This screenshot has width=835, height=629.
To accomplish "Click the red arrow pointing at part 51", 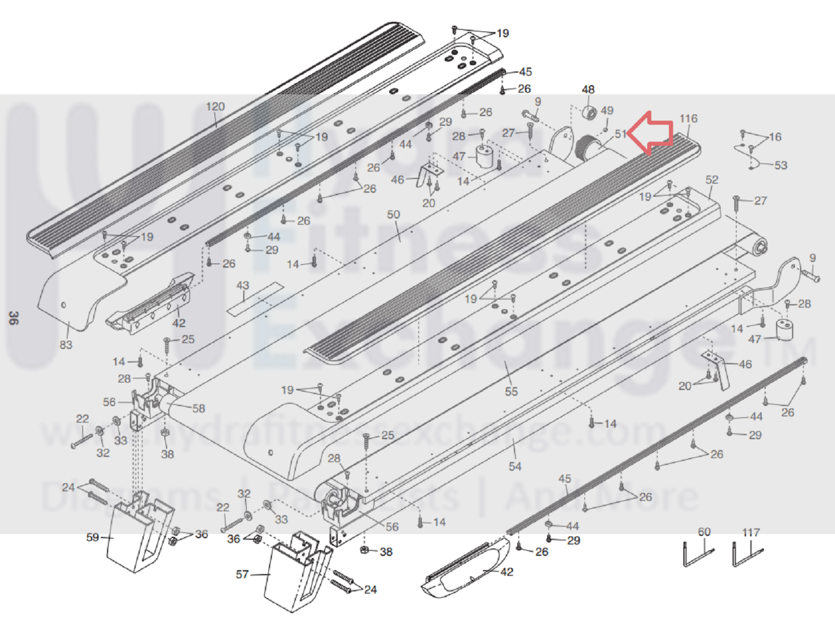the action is pyautogui.click(x=652, y=133).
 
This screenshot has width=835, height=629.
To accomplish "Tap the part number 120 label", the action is pyautogui.click(x=215, y=106).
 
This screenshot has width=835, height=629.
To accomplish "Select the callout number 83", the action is pyautogui.click(x=66, y=345).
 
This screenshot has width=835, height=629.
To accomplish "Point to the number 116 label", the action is pyautogui.click(x=688, y=118).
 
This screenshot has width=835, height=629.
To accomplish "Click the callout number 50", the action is pyautogui.click(x=393, y=215).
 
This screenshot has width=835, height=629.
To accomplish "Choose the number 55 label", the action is pyautogui.click(x=511, y=391).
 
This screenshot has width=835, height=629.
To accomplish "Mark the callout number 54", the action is pyautogui.click(x=515, y=466).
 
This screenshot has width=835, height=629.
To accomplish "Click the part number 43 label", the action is pyautogui.click(x=243, y=285).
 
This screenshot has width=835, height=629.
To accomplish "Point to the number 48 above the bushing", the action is pyautogui.click(x=588, y=90).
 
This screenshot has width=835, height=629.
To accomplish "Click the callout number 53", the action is pyautogui.click(x=781, y=165).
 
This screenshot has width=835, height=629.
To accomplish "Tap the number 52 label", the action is pyautogui.click(x=712, y=180).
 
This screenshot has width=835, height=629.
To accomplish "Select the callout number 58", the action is pyautogui.click(x=199, y=409).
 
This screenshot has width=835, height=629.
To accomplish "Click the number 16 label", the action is pyautogui.click(x=775, y=137).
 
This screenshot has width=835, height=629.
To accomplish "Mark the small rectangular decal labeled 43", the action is pyautogui.click(x=255, y=299).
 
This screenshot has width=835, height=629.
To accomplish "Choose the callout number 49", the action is pyautogui.click(x=607, y=110).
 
